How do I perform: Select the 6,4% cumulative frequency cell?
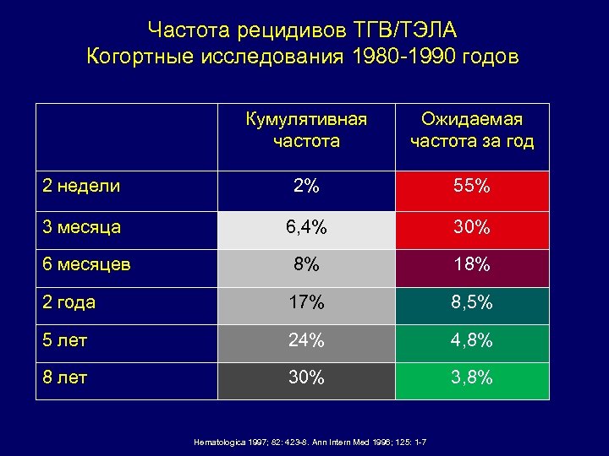click(306, 227)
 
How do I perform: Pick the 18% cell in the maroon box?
click(472, 264)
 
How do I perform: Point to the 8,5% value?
click(472, 302)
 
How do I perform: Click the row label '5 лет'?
click(67, 340)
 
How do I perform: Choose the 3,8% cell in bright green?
click(472, 377)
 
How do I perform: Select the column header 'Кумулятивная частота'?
click(306, 130)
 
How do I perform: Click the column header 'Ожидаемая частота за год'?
click(472, 130)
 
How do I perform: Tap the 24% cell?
click(306, 340)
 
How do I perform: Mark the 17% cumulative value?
click(306, 302)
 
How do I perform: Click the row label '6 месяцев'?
click(86, 264)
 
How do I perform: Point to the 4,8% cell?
click(472, 340)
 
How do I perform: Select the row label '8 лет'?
click(67, 377)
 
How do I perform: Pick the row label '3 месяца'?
click(82, 227)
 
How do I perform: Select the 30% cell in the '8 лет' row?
click(306, 377)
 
